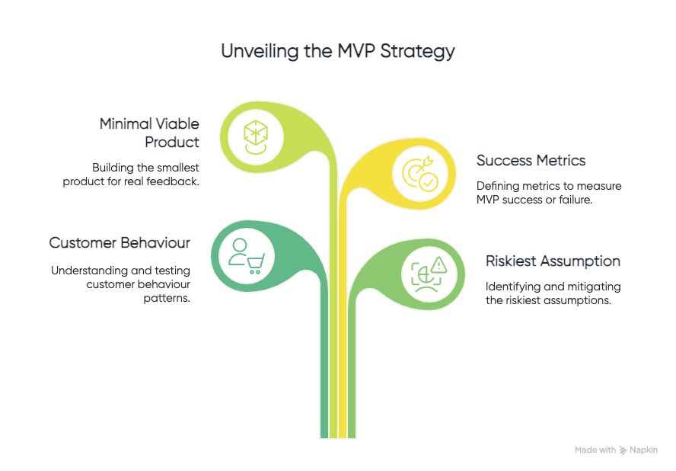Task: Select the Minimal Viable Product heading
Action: point(150,133)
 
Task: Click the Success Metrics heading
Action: point(531,160)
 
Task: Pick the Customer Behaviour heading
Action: point(120,242)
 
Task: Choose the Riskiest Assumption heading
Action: point(553,261)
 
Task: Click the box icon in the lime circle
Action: point(255,136)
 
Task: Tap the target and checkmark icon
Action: point(420,173)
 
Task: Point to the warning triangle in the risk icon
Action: point(438,264)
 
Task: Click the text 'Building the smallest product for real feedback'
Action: point(145,174)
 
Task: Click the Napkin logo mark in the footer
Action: point(623,450)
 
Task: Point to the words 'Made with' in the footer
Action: point(595,450)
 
